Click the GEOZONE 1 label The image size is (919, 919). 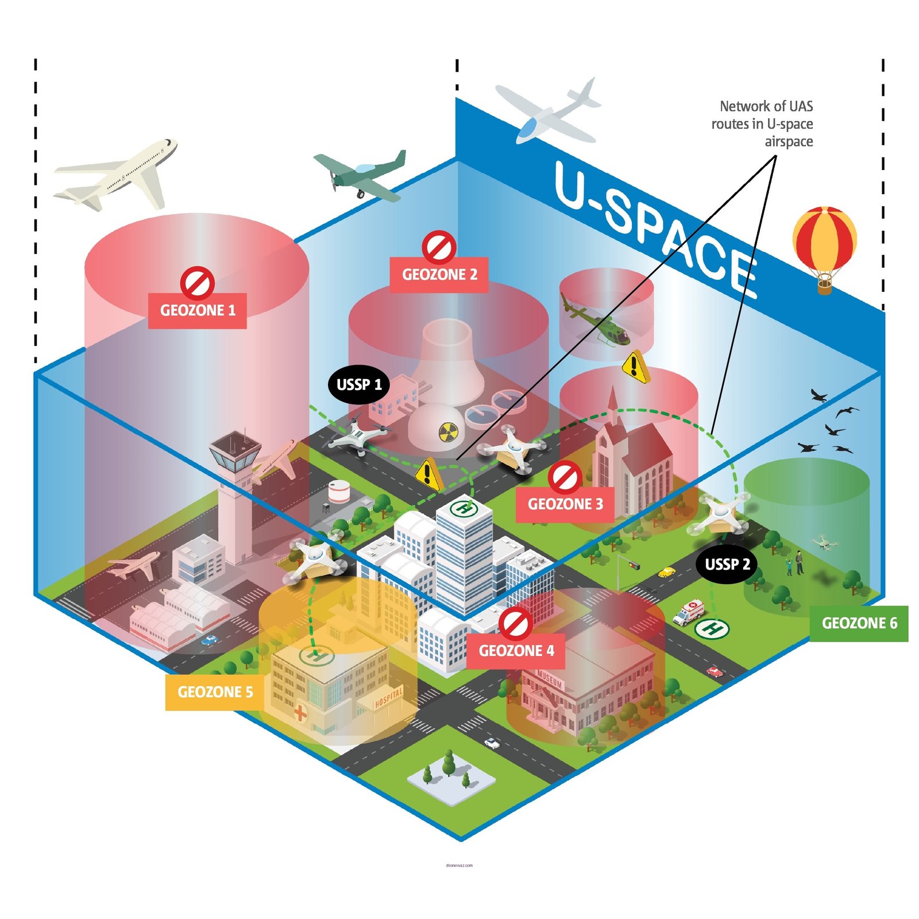coord(197,311)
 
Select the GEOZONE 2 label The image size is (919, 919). coord(439,275)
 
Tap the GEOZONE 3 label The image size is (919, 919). coord(565,504)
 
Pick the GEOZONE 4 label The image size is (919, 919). coord(516,651)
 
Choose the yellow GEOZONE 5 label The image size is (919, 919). coord(215,692)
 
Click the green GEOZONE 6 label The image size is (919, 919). coord(859,623)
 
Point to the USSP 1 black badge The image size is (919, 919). coord(359,384)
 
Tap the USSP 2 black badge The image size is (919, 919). coord(727,564)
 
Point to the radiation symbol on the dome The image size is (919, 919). coord(449,432)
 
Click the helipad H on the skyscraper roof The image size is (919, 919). coord(464,508)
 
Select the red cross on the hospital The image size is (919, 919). coord(300,713)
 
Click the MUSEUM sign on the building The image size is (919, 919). coord(550,679)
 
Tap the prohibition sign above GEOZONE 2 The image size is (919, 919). coord(439,247)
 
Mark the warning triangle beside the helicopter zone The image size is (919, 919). coord(635,366)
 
